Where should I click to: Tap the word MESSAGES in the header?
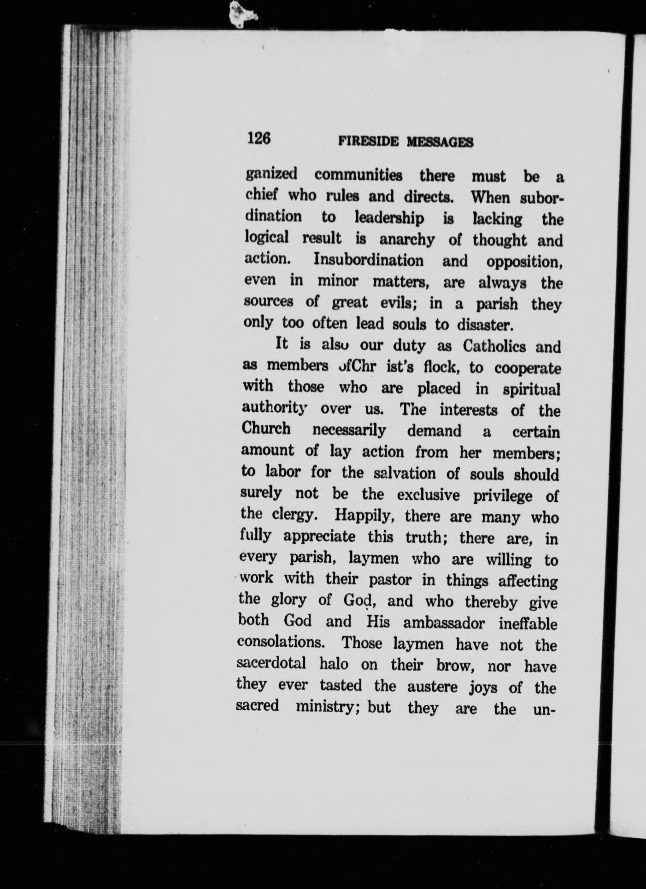coord(440,142)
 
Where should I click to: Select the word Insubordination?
coord(368,260)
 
